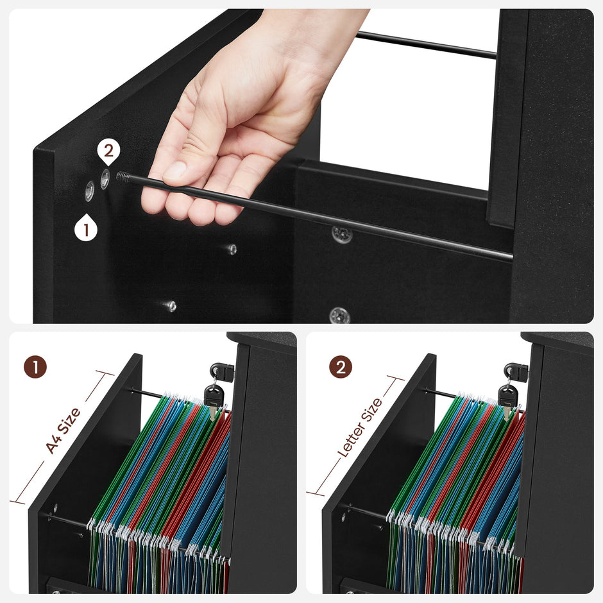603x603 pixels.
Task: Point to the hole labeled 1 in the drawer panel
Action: coord(89,190)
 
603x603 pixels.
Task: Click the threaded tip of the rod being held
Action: coord(123,176)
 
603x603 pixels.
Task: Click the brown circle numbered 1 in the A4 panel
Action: coord(35,367)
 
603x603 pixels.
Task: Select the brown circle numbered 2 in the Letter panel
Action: coord(341,367)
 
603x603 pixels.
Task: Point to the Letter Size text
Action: coord(360,427)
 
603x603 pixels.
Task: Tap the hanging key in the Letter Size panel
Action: coord(507,400)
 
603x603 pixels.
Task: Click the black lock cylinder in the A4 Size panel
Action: coord(219,371)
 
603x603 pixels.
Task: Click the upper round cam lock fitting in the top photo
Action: coord(342,234)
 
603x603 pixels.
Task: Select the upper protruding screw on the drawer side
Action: coord(232,249)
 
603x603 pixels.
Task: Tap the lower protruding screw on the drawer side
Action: coord(170,306)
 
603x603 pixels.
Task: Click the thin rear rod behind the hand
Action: coord(427,45)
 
